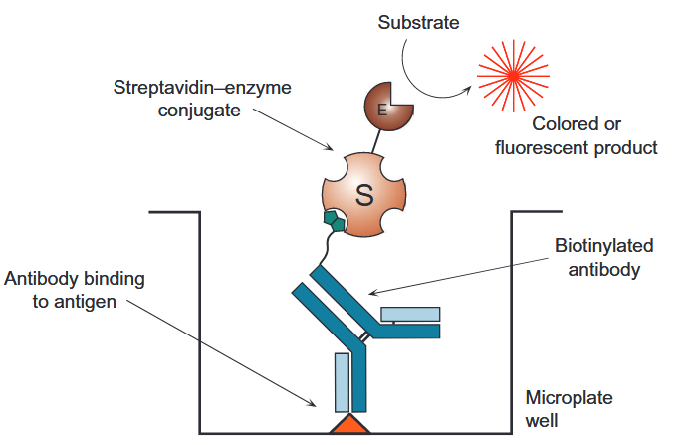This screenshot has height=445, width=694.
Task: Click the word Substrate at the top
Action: [417, 22]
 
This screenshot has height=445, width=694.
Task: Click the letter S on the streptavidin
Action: [363, 195]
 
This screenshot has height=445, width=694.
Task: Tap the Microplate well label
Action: [569, 409]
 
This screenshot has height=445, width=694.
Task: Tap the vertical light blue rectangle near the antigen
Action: [342, 383]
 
